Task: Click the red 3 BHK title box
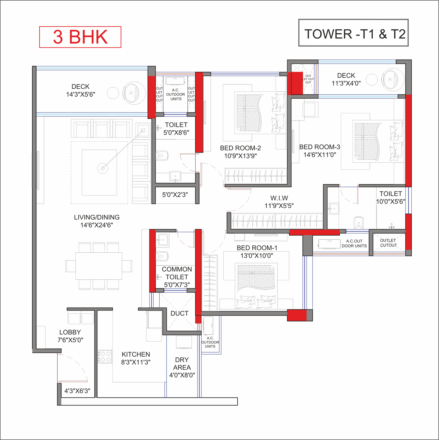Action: [80, 37]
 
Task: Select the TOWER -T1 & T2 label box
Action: [353, 33]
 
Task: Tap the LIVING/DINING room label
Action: [97, 221]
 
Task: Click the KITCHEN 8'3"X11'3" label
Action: [136, 358]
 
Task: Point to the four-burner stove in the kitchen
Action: [105, 357]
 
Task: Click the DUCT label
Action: [179, 313]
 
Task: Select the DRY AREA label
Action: [182, 367]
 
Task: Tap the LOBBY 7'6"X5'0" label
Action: [70, 336]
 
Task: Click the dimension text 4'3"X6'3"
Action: [77, 391]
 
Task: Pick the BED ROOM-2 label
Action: [240, 152]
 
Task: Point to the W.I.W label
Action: [279, 202]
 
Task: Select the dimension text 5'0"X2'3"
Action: [175, 195]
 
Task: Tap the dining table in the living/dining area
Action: [99, 266]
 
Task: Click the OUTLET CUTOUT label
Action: [388, 243]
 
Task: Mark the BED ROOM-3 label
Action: [320, 151]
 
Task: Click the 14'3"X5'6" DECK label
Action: [81, 91]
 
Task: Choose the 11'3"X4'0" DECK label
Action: [346, 79]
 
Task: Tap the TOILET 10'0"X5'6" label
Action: [391, 198]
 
